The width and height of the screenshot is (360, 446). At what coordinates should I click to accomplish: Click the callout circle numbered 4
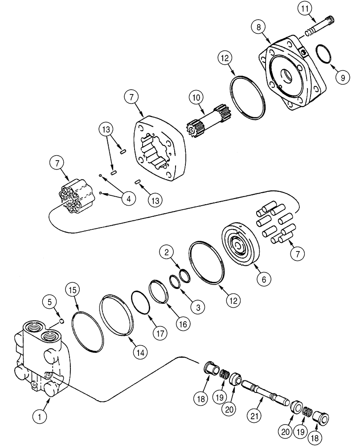click(x=128, y=199)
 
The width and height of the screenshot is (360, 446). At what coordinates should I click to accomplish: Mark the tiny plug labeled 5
click(x=62, y=320)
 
